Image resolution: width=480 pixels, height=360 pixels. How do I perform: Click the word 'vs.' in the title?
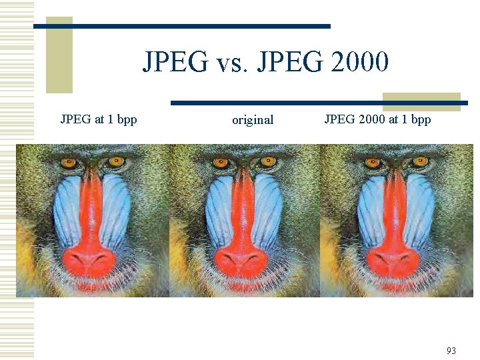231,63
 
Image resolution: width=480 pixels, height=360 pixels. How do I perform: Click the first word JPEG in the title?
175,63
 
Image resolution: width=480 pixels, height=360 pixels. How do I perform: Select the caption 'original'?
253,120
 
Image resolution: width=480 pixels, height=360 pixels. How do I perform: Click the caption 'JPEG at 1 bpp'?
99,119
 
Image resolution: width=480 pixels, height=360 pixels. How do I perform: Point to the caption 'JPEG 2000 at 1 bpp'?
377,119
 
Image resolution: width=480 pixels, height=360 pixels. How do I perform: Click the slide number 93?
451,351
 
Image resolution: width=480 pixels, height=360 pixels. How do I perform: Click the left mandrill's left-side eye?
69,162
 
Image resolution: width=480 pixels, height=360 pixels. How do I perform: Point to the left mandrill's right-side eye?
116,161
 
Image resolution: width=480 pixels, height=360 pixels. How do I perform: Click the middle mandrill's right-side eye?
269,161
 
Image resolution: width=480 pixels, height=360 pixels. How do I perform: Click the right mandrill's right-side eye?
421,161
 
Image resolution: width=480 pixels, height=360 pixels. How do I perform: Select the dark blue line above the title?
200,26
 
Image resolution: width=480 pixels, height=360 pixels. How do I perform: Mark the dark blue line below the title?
280,103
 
